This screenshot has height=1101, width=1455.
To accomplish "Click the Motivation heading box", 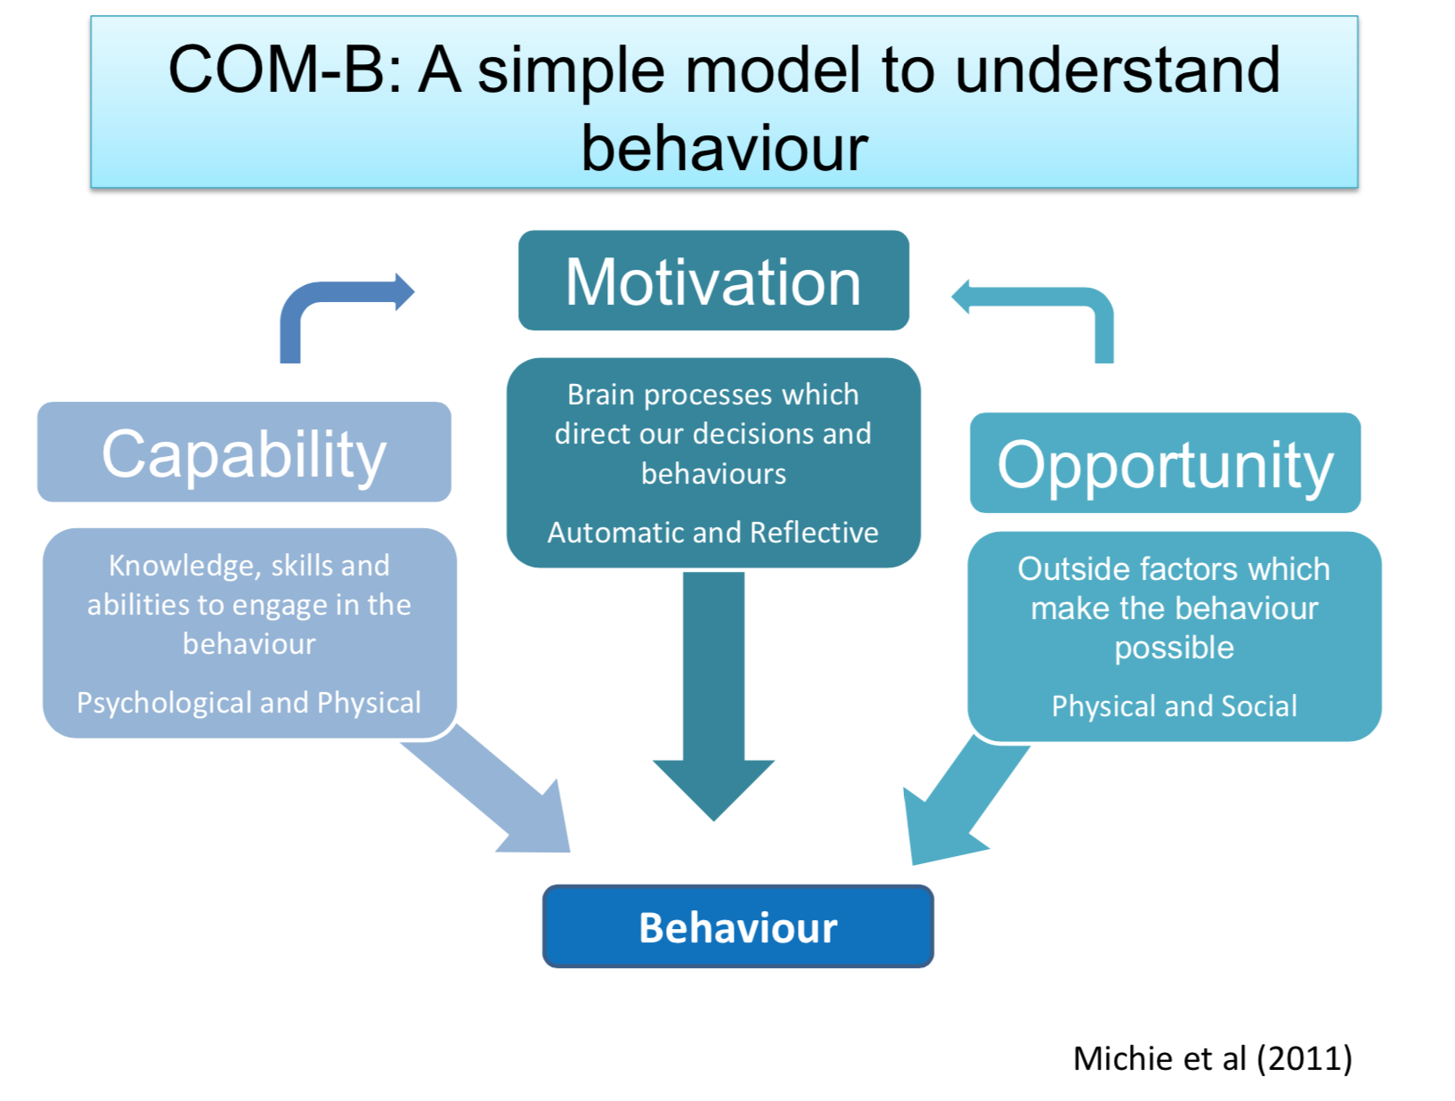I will (x=713, y=281).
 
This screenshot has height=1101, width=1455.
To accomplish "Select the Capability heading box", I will (x=244, y=453).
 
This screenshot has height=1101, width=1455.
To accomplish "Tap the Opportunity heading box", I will (x=1165, y=463).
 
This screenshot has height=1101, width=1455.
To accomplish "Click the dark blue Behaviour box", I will (x=737, y=927).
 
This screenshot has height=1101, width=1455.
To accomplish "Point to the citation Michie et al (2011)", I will (x=1212, y=1058).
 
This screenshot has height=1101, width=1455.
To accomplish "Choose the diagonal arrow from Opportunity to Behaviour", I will (x=962, y=802).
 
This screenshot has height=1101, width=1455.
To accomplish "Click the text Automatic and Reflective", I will (x=713, y=533).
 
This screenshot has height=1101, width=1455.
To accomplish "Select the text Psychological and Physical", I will (x=248, y=703).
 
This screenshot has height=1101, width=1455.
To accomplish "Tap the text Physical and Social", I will (x=1174, y=706).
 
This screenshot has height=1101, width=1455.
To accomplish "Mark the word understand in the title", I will (x=1117, y=71).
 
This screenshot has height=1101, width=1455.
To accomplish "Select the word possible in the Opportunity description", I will (x=1174, y=648).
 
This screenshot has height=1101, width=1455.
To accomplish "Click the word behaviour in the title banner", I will (x=724, y=148).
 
